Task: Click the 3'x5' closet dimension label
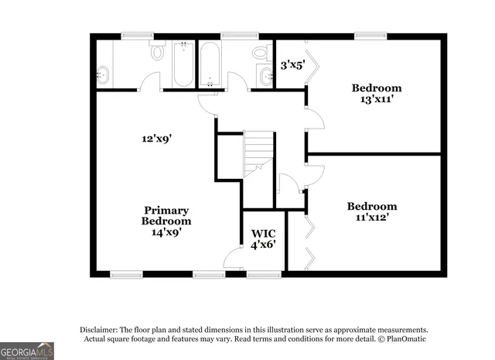pos(292,65)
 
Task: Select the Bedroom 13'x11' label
pos(377,94)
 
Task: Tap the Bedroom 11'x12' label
pos(372,211)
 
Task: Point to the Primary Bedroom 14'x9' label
pos(166,221)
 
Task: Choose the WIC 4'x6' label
pos(264,238)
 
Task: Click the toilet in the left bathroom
pos(158,52)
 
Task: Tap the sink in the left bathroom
pos(103,75)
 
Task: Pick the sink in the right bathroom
pos(267,76)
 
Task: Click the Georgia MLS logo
pos(27,351)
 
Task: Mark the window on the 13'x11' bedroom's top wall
pos(370,35)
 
